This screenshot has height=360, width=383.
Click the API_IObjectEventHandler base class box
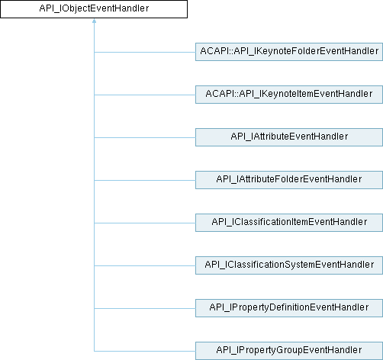94,10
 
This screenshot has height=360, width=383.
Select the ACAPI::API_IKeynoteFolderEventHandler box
288,52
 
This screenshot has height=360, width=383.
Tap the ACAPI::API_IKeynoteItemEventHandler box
288,95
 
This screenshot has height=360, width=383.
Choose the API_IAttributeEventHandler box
288,137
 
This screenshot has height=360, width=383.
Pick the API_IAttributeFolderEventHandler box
288,179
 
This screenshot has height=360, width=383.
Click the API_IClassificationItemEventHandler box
288,222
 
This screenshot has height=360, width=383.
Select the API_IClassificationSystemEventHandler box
288,265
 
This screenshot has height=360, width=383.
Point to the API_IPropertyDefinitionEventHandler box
288,307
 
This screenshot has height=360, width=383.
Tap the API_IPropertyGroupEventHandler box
288,350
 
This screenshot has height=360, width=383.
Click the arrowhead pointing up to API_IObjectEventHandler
94,23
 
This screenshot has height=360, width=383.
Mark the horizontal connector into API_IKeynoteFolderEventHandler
145,53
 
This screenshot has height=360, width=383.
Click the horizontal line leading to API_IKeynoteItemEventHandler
145,95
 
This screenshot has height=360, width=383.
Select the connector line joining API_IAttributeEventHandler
145,137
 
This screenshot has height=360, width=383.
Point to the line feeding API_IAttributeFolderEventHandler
145,180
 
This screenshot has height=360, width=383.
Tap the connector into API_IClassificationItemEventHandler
145,223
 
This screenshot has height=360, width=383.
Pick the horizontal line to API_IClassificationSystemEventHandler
145,265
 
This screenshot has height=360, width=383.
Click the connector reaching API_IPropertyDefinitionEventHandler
145,308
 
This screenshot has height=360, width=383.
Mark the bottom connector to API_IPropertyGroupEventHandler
145,351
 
